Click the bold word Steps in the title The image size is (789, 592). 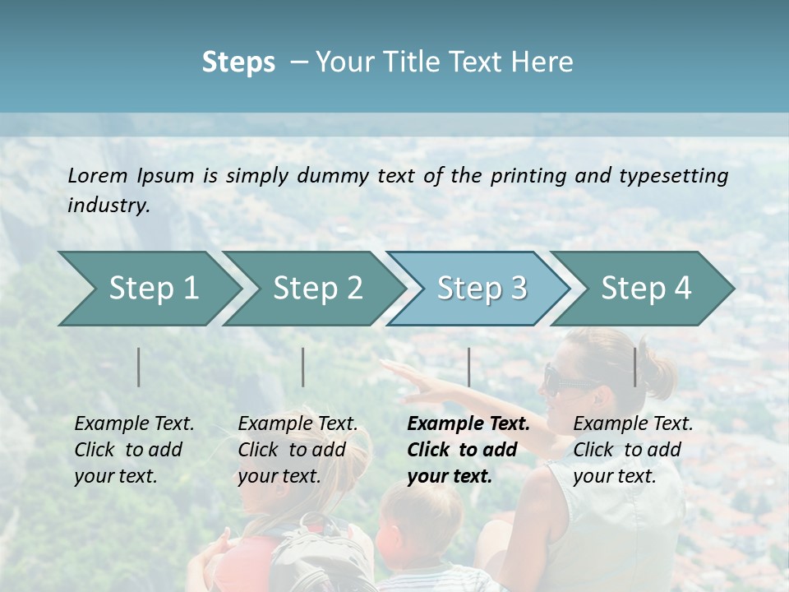pyautogui.click(x=238, y=62)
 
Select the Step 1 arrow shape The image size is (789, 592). pyautogui.click(x=148, y=289)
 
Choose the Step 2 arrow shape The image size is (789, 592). pyautogui.click(x=316, y=289)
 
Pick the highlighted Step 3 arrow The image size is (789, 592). pyautogui.click(x=481, y=289)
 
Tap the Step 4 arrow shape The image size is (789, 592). pyautogui.click(x=645, y=289)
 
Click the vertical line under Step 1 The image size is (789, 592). pyautogui.click(x=139, y=367)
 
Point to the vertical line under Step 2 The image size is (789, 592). pyautogui.click(x=303, y=367)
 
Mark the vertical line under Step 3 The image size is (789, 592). pyautogui.click(x=469, y=367)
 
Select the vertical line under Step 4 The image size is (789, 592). pyautogui.click(x=635, y=367)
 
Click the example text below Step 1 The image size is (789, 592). pyautogui.click(x=134, y=450)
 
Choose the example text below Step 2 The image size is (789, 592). pyautogui.click(x=298, y=450)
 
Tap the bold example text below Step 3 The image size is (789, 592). pyautogui.click(x=468, y=450)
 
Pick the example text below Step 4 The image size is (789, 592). pyautogui.click(x=633, y=450)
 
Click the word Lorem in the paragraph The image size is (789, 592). pyautogui.click(x=98, y=176)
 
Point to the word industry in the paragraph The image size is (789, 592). pyautogui.click(x=108, y=206)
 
